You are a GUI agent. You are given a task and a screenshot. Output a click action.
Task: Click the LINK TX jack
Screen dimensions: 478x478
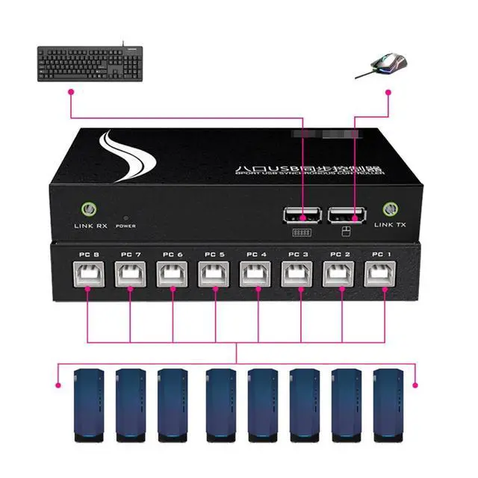pos(389,210)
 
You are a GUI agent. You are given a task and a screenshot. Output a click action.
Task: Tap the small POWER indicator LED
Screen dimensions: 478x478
pos(125,215)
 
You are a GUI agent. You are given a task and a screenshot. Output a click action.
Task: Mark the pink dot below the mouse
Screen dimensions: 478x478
pos(388,92)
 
